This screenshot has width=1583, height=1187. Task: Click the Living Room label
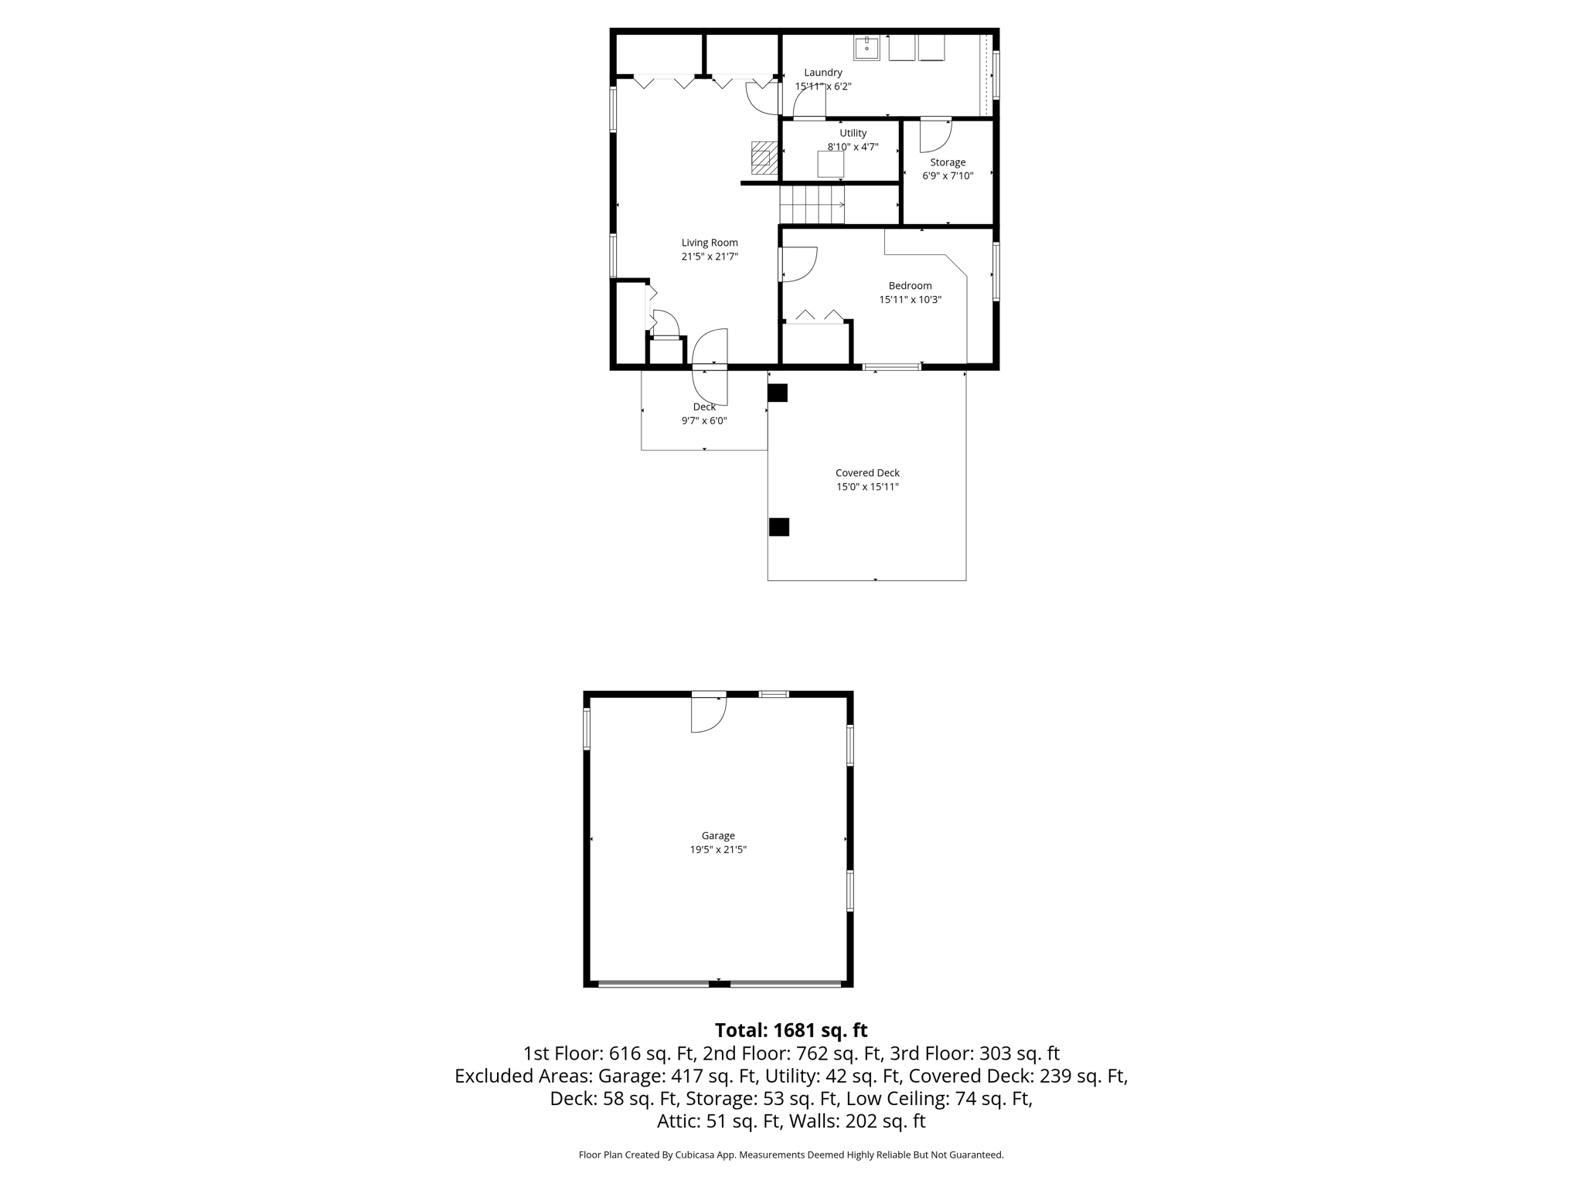[x=710, y=243]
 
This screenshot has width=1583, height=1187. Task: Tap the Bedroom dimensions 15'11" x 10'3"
[x=910, y=300]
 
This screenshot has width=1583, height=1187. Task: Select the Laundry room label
[x=822, y=73]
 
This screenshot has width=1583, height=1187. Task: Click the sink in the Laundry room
[x=866, y=48]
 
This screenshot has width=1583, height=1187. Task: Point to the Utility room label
[x=853, y=133]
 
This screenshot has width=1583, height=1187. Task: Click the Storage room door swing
[x=934, y=136]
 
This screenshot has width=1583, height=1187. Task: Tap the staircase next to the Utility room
[x=811, y=204]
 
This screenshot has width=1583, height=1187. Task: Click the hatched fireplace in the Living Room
[x=764, y=158]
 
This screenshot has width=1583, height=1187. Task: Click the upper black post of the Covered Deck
[x=778, y=393]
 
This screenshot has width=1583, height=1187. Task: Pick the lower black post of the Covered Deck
[x=778, y=527]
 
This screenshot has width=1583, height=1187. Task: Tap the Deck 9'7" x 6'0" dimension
[x=703, y=421]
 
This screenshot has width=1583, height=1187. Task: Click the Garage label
[x=718, y=835]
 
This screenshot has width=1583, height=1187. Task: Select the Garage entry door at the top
[x=708, y=713]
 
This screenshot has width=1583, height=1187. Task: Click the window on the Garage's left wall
[x=587, y=729]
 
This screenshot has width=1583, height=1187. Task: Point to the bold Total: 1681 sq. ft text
[x=791, y=1030]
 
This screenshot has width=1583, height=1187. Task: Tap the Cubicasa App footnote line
[x=791, y=1155]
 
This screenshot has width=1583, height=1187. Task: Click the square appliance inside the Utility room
[x=830, y=164]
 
